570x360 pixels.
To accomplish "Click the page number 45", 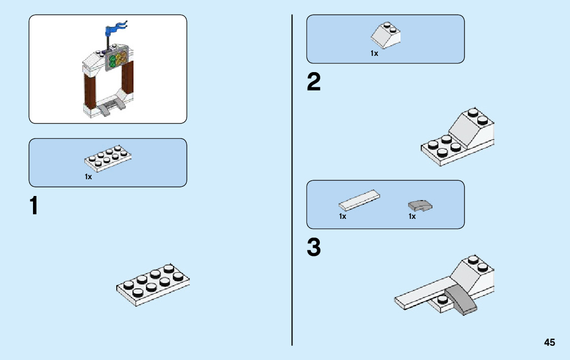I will click(x=549, y=342).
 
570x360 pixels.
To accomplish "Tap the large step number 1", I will click(x=34, y=206).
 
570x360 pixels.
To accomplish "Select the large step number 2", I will click(x=314, y=83).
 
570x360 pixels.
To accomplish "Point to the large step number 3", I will click(x=314, y=248).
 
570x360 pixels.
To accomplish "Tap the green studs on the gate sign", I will click(x=112, y=60).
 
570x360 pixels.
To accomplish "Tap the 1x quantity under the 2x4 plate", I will click(x=88, y=177).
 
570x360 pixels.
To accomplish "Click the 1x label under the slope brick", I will click(x=374, y=53).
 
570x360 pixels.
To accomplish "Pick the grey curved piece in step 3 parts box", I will click(x=420, y=205).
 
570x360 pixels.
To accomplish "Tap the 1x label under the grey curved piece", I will click(x=412, y=217).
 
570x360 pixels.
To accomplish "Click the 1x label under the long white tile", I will click(x=343, y=217).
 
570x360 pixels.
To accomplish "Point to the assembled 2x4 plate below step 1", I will click(x=153, y=284).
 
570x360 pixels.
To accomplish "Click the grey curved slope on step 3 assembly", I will click(x=461, y=299).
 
